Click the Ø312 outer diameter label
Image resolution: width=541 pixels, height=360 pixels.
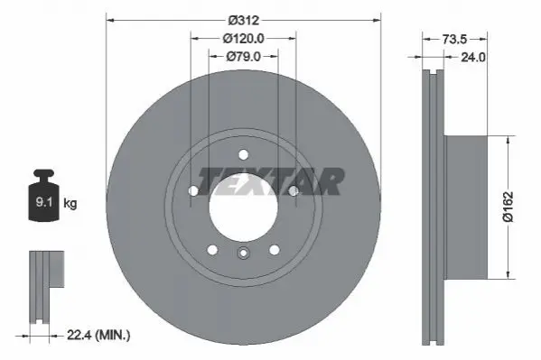point(243,21)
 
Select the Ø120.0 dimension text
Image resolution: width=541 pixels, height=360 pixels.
point(243,39)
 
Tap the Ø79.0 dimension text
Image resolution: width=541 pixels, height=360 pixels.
point(243,57)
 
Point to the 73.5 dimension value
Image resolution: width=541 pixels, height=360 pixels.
point(454,40)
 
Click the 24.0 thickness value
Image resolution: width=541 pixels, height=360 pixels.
point(473,57)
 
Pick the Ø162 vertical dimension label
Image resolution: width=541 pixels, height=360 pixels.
point(508,207)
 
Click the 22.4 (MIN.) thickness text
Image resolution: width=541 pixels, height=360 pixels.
point(98,335)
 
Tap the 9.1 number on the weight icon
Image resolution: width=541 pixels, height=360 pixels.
point(44,202)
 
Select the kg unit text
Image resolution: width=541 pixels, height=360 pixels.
point(70,203)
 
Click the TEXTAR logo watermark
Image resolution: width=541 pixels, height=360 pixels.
point(271,181)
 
